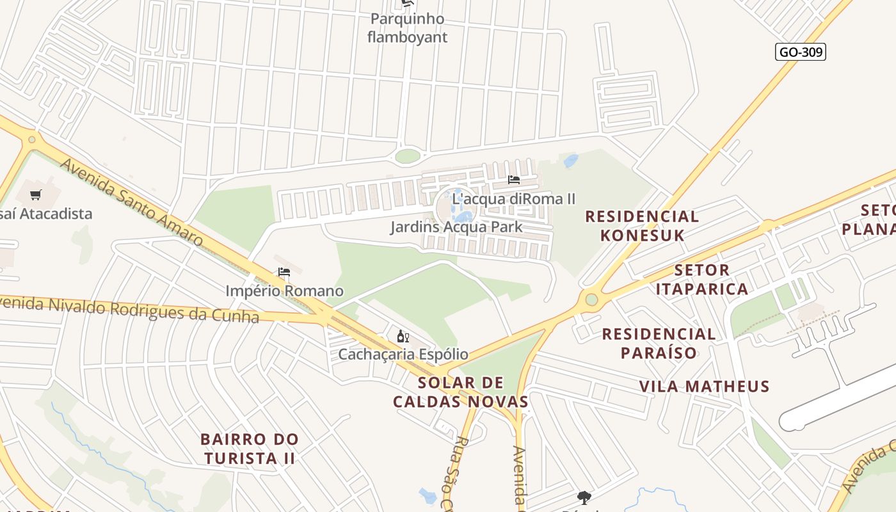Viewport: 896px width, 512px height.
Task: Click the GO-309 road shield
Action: [x=800, y=52]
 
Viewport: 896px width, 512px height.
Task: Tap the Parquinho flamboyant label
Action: [x=407, y=28]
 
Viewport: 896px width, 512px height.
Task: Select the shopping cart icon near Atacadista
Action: [x=36, y=195]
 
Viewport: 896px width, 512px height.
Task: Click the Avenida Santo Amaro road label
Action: [x=132, y=202]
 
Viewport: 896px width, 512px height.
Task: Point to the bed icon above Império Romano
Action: [x=284, y=272]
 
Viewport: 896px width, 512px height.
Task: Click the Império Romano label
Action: [x=284, y=291]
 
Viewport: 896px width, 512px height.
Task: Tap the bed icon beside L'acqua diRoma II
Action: [x=513, y=180]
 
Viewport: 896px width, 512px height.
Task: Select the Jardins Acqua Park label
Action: [x=456, y=227]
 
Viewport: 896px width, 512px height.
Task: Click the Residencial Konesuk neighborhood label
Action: [x=642, y=225]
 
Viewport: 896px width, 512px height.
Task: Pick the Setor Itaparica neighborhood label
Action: [x=701, y=280]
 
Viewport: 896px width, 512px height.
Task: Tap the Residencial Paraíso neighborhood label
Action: [x=659, y=343]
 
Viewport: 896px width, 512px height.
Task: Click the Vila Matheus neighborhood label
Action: [x=704, y=386]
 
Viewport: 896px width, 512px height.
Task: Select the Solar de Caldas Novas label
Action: [x=460, y=392]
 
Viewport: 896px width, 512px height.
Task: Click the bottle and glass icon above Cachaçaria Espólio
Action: [x=403, y=336]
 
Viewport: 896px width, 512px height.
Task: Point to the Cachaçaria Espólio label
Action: [x=403, y=354]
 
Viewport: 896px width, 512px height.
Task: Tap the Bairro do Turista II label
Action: [x=249, y=449]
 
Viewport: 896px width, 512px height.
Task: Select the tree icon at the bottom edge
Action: [x=584, y=497]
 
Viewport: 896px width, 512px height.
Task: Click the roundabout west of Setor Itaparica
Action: [x=591, y=299]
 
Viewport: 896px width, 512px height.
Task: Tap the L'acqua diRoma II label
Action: [x=514, y=199]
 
